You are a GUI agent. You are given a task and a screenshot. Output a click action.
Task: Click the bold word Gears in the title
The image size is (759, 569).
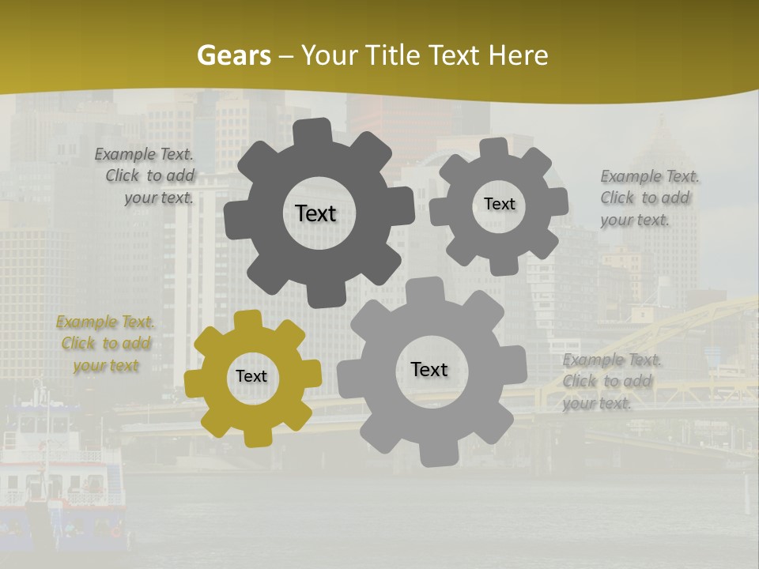(233, 55)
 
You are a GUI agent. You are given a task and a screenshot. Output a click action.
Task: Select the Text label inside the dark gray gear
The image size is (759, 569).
(315, 213)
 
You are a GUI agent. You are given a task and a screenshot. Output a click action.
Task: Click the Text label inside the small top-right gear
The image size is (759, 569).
(499, 204)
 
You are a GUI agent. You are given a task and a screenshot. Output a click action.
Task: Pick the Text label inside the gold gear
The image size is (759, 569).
(251, 377)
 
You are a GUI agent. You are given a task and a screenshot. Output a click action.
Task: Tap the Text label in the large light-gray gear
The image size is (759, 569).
(429, 369)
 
